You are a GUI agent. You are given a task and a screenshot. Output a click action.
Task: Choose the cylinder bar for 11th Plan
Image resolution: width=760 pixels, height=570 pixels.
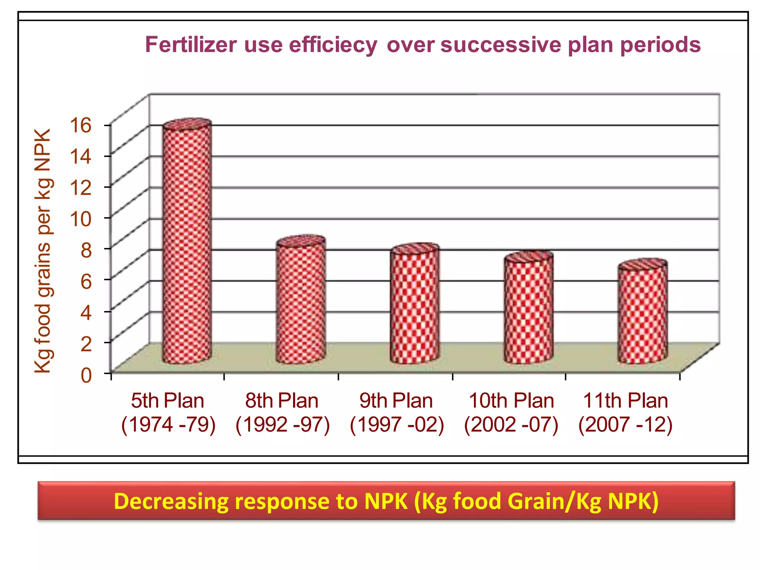tap(642, 314)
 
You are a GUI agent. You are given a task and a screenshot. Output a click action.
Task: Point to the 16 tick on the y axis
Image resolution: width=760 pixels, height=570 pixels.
tap(81, 125)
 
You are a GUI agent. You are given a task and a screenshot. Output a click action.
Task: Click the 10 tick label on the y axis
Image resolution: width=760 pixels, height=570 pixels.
tap(81, 219)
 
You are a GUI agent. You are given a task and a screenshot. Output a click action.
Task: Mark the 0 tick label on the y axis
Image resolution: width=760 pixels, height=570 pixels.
tap(86, 375)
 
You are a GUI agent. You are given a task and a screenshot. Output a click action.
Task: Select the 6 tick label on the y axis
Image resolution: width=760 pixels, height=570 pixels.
tap(86, 281)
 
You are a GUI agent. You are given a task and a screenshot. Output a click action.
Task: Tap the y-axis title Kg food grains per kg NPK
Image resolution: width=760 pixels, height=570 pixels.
tap(43, 251)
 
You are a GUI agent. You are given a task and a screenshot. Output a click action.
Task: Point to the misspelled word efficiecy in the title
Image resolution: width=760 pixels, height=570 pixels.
tap(333, 45)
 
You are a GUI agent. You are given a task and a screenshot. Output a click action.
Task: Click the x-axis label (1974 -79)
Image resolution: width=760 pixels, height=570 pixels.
tap(168, 425)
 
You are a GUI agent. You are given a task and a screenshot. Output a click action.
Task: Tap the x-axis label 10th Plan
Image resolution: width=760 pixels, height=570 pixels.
tap(511, 401)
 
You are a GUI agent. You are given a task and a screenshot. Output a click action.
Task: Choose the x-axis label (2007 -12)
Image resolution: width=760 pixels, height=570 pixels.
tap(625, 425)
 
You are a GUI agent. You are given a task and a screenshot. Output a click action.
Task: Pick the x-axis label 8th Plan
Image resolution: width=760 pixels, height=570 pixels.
tap(282, 401)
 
